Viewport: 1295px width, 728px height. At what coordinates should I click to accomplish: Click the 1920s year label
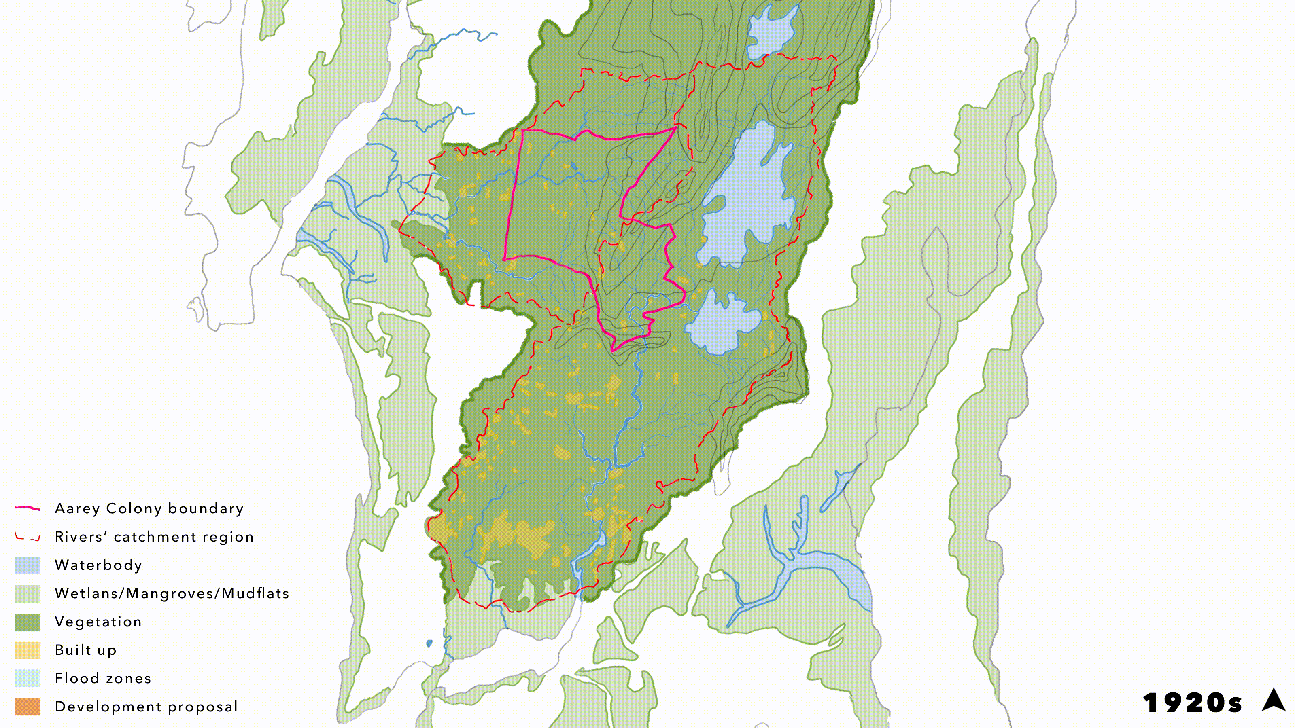(1192, 703)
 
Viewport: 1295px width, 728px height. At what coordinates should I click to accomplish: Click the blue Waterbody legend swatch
(27, 565)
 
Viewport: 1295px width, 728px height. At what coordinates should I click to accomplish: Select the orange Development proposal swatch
(27, 707)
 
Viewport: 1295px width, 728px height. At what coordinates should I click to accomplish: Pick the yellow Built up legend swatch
(27, 650)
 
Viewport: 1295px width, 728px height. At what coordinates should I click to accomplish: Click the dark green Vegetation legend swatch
(27, 622)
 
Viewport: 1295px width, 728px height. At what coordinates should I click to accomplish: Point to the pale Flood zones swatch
(27, 678)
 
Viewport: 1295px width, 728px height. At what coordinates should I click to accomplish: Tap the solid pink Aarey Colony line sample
(27, 508)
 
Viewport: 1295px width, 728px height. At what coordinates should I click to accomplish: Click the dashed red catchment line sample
(27, 537)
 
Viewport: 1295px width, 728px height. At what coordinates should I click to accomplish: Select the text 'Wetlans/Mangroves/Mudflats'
(172, 593)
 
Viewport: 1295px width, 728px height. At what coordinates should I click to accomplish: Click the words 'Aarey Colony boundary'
(149, 508)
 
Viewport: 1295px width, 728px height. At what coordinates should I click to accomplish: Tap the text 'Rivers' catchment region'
(154, 537)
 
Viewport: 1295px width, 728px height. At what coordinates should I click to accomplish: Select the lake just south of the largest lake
(722, 324)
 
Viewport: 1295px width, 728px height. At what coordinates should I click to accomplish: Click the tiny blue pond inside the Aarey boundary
(573, 165)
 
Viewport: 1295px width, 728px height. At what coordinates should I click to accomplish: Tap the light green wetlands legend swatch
(27, 593)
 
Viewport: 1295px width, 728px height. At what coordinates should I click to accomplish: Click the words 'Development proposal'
(146, 707)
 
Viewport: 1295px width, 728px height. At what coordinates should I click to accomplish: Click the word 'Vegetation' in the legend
(98, 622)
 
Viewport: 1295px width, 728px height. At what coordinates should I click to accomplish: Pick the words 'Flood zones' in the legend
(102, 678)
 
